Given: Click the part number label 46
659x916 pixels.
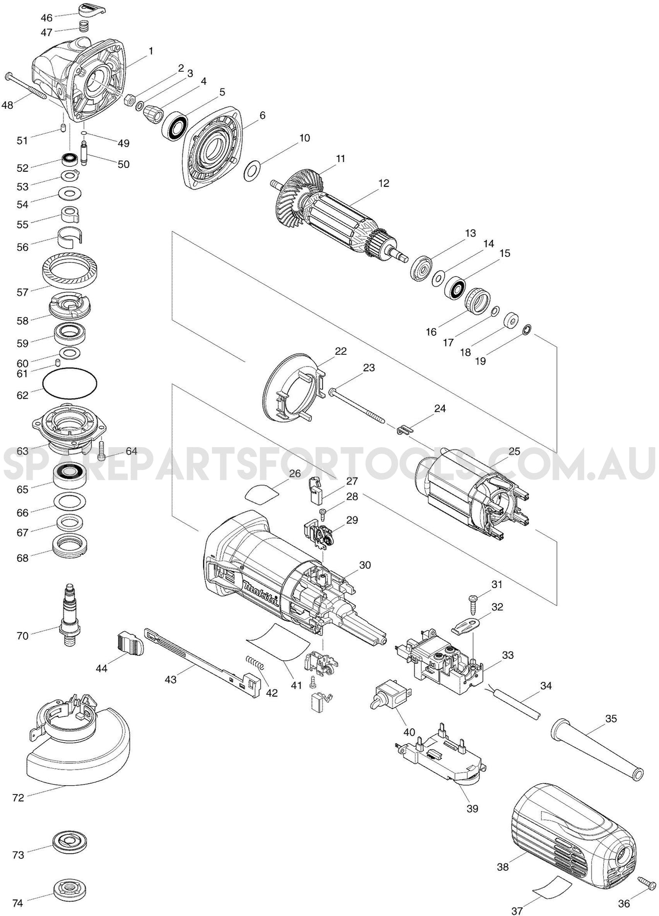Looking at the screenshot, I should pyautogui.click(x=46, y=18).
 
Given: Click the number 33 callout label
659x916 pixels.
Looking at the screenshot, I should pyautogui.click(x=508, y=655).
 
